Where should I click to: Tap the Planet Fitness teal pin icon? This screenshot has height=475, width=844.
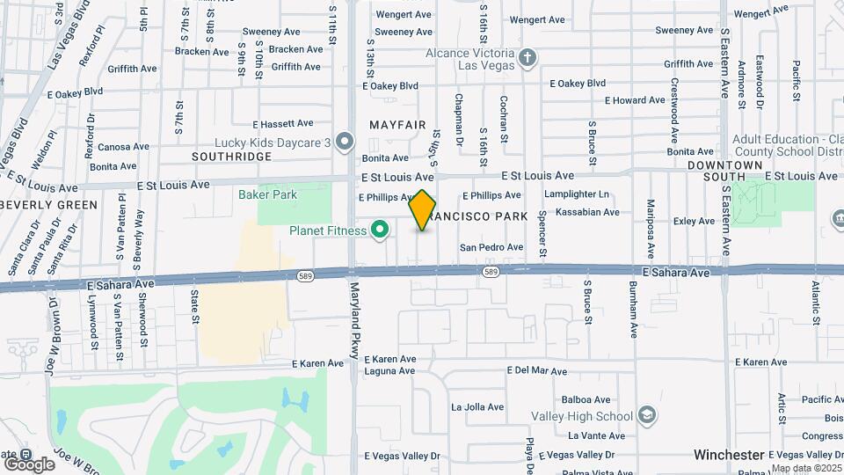tap(380, 230)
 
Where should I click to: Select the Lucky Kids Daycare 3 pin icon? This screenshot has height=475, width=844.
tap(345, 142)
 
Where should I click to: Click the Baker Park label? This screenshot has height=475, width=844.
tap(268, 194)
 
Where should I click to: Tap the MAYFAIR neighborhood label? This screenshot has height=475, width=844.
tap(397, 125)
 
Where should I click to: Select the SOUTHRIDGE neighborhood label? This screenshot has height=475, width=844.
tap(232, 156)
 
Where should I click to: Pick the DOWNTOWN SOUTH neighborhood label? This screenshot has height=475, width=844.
tap(724, 171)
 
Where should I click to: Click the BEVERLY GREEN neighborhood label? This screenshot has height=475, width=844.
tap(48, 204)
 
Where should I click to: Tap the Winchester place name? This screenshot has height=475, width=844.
tap(729, 455)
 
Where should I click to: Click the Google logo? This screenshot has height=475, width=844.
tap(28, 464)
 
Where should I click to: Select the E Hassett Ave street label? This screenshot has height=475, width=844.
tap(283, 124)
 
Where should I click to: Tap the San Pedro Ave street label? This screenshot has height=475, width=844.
tap(491, 247)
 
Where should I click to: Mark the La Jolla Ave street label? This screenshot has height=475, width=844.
tap(477, 407)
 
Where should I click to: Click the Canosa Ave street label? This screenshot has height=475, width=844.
tap(124, 147)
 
